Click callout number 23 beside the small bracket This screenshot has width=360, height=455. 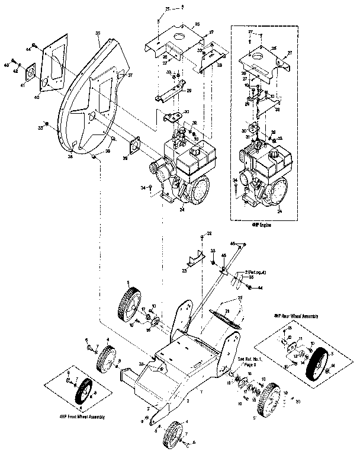tap(184, 270)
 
